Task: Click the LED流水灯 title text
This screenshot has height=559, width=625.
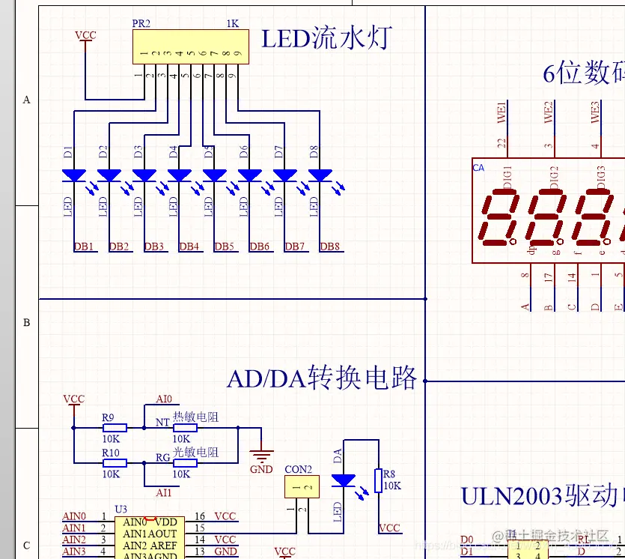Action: point(326,37)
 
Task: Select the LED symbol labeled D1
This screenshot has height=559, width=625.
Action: point(74,175)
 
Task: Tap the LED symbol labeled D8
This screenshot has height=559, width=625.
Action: point(320,175)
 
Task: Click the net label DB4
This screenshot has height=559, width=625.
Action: point(189,247)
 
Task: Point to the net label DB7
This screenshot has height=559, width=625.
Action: point(295,247)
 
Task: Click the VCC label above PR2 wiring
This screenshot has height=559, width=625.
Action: point(85,35)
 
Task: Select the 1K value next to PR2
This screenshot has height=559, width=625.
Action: point(232,23)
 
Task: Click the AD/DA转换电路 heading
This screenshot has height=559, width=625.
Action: point(322,378)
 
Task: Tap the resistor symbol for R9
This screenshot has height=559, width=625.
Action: point(115,428)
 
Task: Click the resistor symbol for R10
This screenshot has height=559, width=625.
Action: point(115,463)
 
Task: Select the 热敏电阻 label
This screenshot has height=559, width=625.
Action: point(195,417)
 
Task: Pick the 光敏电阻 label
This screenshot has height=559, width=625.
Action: point(195,453)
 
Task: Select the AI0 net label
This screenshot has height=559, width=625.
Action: point(164,399)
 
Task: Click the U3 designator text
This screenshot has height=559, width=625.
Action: point(121,510)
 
